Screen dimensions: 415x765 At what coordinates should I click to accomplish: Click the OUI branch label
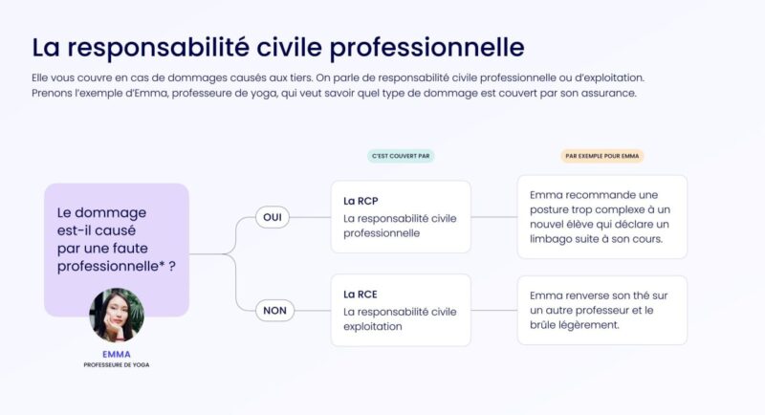click(x=273, y=217)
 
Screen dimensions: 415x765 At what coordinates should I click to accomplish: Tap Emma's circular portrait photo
click(x=116, y=316)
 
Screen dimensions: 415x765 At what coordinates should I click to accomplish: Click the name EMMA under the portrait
click(x=116, y=354)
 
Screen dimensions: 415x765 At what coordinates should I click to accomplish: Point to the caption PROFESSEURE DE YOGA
click(x=116, y=364)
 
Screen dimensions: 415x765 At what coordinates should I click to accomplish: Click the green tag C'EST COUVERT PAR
click(x=401, y=156)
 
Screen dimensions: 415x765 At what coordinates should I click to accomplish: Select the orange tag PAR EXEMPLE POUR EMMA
click(x=602, y=156)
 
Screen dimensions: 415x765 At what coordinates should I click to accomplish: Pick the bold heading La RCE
click(x=360, y=294)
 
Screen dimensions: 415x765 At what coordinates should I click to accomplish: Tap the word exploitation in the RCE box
click(x=373, y=326)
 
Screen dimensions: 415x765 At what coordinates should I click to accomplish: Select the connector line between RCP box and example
click(x=493, y=217)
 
